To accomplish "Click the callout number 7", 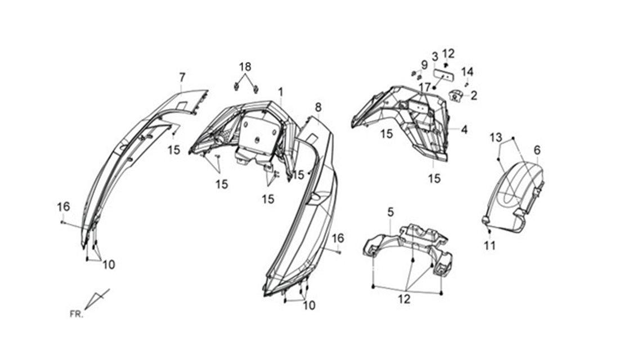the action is pyautogui.click(x=182, y=78).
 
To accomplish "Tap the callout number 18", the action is pyautogui.click(x=245, y=67).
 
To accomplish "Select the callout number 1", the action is pyautogui.click(x=281, y=92).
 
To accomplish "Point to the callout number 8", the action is pyautogui.click(x=318, y=107).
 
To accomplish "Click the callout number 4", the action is pyautogui.click(x=464, y=129).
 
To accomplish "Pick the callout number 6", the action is pyautogui.click(x=537, y=150).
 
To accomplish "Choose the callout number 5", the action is pyautogui.click(x=391, y=213).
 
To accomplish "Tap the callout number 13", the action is pyautogui.click(x=496, y=138).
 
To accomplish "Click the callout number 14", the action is pyautogui.click(x=467, y=72).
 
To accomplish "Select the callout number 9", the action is pyautogui.click(x=424, y=65).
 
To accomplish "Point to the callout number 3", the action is pyautogui.click(x=434, y=56).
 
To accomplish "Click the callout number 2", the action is pyautogui.click(x=474, y=95).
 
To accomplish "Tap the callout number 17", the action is pyautogui.click(x=425, y=87).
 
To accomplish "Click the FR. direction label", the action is pyautogui.click(x=77, y=314).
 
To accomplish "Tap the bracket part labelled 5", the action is pyautogui.click(x=407, y=247).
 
